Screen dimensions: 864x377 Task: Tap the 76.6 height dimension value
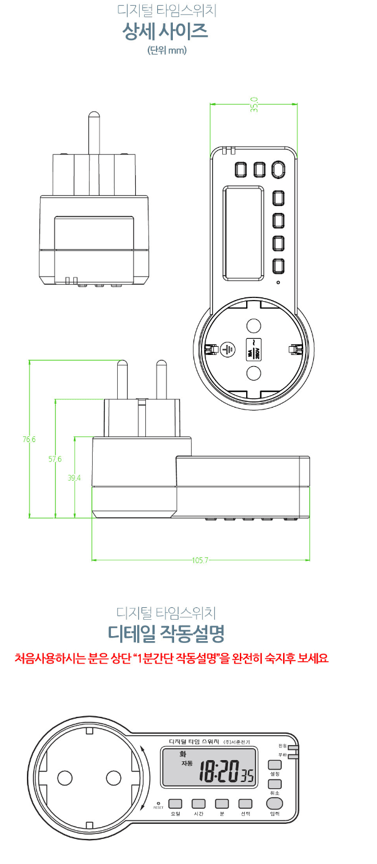(29, 440)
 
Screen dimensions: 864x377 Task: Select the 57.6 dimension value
(55, 459)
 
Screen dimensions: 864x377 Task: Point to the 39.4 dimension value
(75, 478)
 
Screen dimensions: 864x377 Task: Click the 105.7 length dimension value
(200, 560)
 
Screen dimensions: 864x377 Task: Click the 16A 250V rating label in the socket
(254, 349)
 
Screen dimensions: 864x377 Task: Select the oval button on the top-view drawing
(279, 170)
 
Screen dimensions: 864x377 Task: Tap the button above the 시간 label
(199, 803)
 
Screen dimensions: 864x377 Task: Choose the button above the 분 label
(222, 803)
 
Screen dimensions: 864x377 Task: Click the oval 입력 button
(274, 803)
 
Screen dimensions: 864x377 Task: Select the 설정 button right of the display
(274, 764)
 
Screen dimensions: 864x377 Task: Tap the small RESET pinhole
(158, 803)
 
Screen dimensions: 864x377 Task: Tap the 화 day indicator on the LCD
(183, 754)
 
